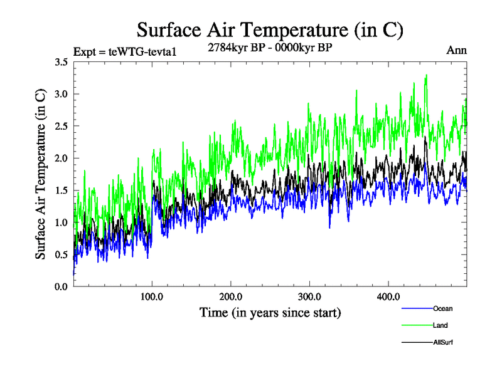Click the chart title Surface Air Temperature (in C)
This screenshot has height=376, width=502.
(269, 29)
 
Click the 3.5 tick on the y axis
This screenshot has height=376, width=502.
(62, 62)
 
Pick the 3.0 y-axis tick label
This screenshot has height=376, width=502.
(62, 94)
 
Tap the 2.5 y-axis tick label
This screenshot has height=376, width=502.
(62, 126)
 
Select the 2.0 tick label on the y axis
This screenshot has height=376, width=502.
(62, 158)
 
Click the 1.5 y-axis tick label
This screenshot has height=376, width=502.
(62, 190)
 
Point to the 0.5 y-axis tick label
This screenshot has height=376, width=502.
(62, 254)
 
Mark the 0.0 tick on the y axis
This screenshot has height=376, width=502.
(62, 286)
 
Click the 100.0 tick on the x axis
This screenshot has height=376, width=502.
(152, 296)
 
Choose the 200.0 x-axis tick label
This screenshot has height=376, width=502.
(231, 296)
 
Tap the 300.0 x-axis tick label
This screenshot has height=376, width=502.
(310, 296)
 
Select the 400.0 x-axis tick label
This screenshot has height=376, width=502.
(388, 296)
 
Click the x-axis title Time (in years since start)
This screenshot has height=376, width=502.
(270, 312)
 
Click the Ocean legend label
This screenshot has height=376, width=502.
(442, 308)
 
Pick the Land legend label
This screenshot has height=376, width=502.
(440, 325)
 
